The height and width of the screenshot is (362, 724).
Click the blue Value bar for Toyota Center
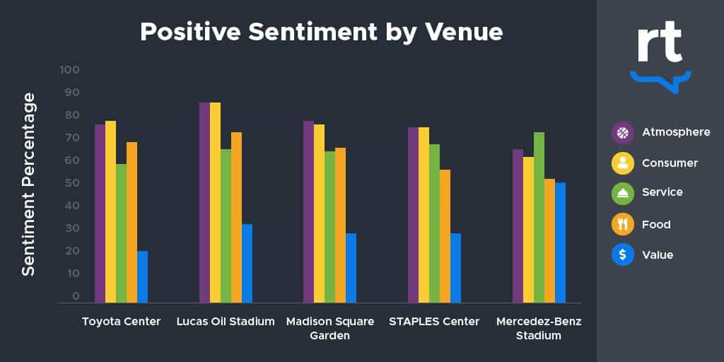[142, 276]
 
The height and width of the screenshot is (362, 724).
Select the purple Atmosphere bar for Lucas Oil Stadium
[204, 202]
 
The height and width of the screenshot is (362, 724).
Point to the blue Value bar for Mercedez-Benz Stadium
[560, 243]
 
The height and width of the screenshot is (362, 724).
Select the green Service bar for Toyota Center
[121, 233]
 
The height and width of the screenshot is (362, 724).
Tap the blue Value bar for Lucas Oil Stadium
[247, 263]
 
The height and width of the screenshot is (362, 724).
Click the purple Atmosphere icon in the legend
[622, 132]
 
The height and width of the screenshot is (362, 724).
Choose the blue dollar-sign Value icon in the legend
[622, 255]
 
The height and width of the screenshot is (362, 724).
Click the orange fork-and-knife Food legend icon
[622, 224]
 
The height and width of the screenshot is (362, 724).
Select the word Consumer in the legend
[670, 163]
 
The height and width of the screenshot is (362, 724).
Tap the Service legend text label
[662, 192]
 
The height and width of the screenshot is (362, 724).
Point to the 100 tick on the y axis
[70, 70]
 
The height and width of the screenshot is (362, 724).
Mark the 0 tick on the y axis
[75, 296]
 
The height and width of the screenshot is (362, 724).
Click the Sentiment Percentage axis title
[28, 184]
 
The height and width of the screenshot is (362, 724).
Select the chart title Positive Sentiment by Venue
[321, 32]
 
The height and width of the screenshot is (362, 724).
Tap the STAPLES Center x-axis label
[434, 322]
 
